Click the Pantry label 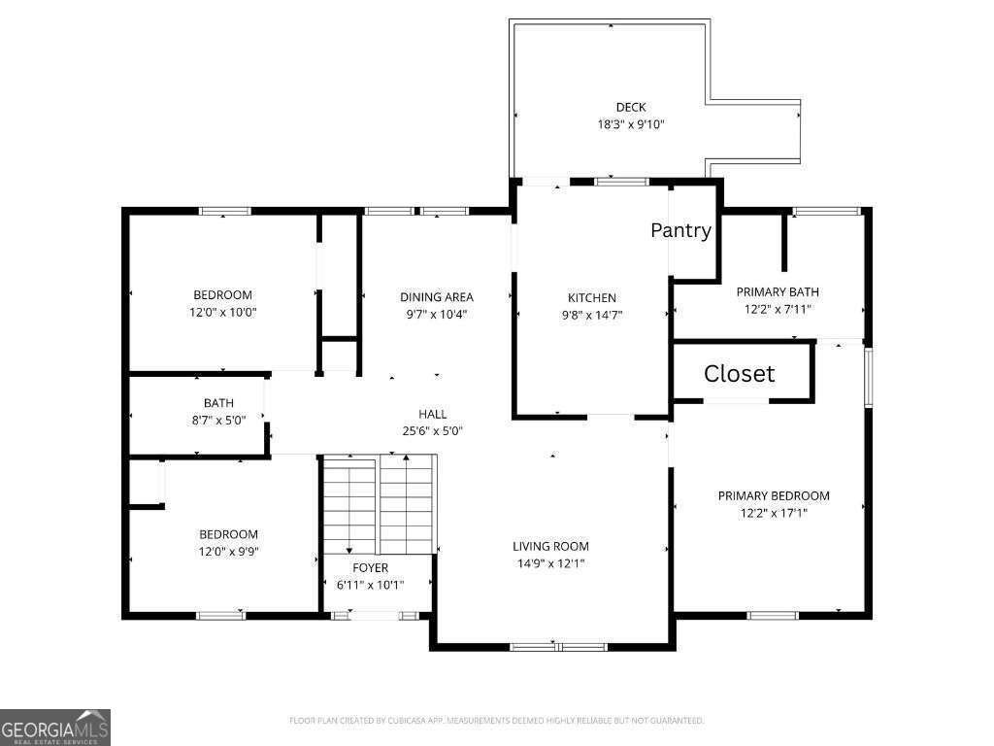pyautogui.click(x=680, y=230)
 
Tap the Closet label pyautogui.click(x=739, y=374)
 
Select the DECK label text pyautogui.click(x=631, y=107)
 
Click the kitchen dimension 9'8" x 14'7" pyautogui.click(x=591, y=315)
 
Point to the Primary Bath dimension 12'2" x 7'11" pyautogui.click(x=778, y=310)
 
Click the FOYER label pyautogui.click(x=370, y=567)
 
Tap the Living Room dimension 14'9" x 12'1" pyautogui.click(x=550, y=563)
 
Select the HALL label pyautogui.click(x=432, y=414)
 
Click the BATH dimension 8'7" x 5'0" pyautogui.click(x=218, y=420)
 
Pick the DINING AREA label pyautogui.click(x=436, y=297)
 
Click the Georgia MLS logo pyautogui.click(x=55, y=728)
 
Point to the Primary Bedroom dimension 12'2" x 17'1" pyautogui.click(x=774, y=513)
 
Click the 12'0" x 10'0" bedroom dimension pyautogui.click(x=222, y=312)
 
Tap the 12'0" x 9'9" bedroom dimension pyautogui.click(x=228, y=552)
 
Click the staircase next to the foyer pyautogui.click(x=380, y=505)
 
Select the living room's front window pyautogui.click(x=558, y=647)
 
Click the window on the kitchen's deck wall pyautogui.click(x=621, y=182)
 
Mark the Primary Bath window pyautogui.click(x=826, y=211)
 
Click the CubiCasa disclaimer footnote pyautogui.click(x=496, y=721)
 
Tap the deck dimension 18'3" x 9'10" pyautogui.click(x=631, y=124)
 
